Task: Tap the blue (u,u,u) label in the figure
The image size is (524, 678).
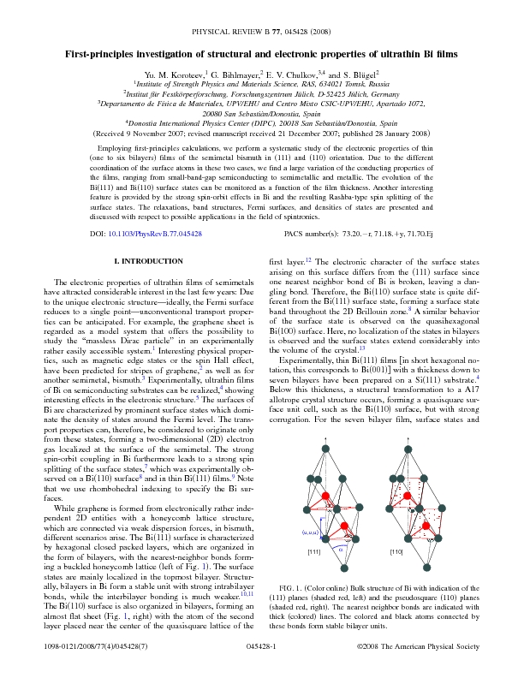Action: (x=309, y=532)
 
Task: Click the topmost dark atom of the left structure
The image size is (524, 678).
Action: (x=327, y=446)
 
